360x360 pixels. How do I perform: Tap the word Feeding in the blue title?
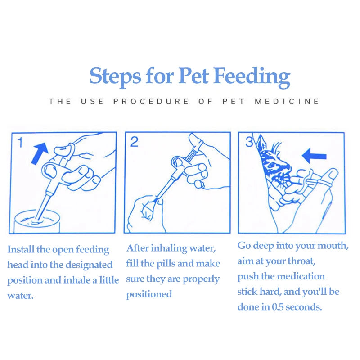pos(252,77)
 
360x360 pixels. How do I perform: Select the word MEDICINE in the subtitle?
pos(287,102)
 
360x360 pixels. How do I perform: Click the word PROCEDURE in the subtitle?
pos(151,102)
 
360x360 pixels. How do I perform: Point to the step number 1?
pos(20,142)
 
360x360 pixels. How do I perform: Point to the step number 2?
pos(134,142)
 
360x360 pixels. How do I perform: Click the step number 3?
pos(249,142)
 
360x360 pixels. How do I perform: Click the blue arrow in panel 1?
pos(40,153)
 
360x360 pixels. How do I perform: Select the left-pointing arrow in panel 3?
pos(314,156)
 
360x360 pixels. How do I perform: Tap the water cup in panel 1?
pos(37,221)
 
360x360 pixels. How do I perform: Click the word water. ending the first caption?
pos(20,296)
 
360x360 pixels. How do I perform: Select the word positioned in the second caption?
pos(149,295)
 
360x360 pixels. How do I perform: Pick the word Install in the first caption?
pos(21,249)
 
